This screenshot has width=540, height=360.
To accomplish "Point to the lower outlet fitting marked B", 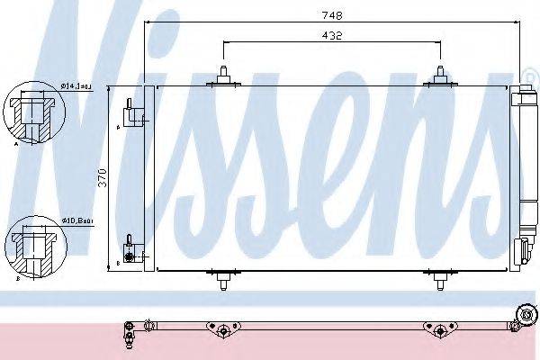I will [x=131, y=251].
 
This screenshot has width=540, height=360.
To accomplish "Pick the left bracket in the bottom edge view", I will [x=220, y=330].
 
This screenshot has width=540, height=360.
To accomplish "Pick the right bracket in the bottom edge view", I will [x=439, y=330].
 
